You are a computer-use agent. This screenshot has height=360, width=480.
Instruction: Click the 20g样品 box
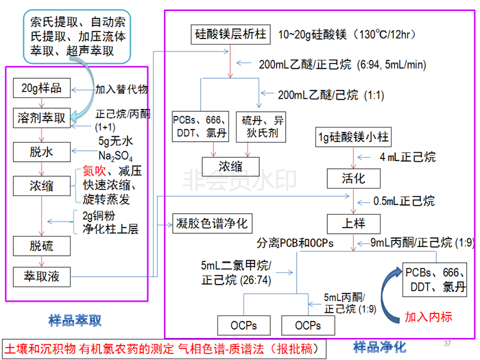click(42, 88)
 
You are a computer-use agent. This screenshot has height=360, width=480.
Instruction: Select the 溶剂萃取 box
click(42, 117)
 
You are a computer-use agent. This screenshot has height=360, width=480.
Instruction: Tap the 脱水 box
click(42, 152)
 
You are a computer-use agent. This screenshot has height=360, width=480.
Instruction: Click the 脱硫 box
click(42, 245)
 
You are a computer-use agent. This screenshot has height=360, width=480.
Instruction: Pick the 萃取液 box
click(42, 276)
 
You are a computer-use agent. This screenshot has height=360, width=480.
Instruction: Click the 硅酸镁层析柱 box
click(231, 34)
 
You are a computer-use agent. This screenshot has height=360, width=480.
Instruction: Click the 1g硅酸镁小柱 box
click(353, 138)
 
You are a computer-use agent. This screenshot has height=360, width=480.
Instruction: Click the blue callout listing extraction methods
click(81, 35)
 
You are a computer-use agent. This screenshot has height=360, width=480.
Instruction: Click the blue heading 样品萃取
click(75, 320)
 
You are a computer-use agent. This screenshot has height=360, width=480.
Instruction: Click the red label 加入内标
click(429, 317)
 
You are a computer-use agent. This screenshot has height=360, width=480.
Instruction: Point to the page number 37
click(448, 343)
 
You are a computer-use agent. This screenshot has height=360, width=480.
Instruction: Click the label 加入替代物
click(121, 89)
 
